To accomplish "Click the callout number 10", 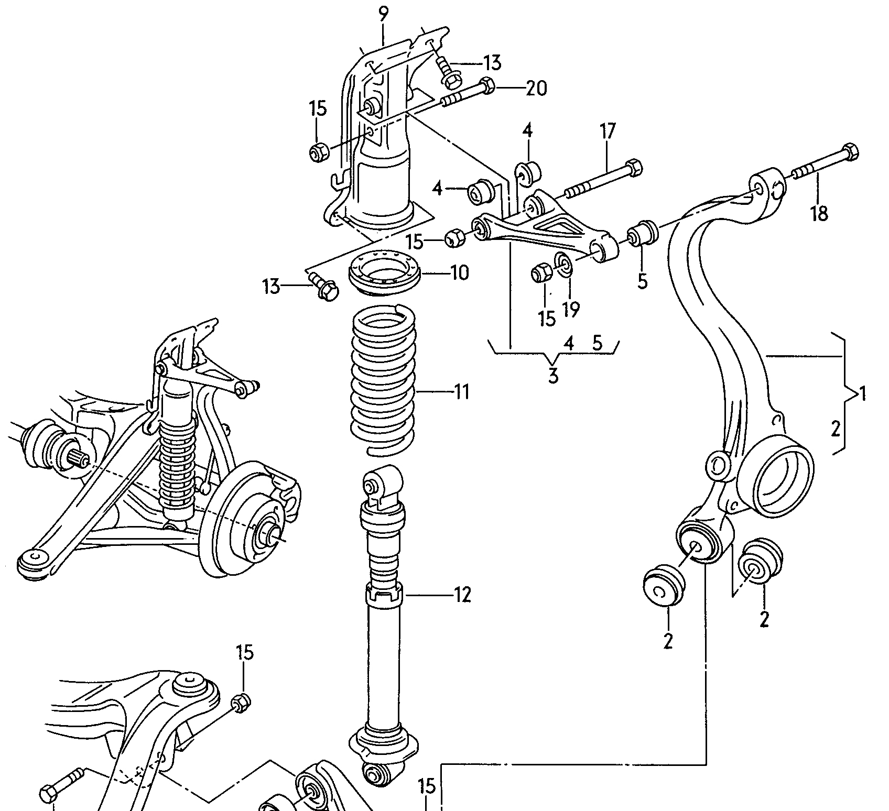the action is pyautogui.click(x=459, y=273).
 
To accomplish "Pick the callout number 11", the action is pyautogui.click(x=461, y=391).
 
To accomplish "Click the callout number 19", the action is pyautogui.click(x=570, y=310).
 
